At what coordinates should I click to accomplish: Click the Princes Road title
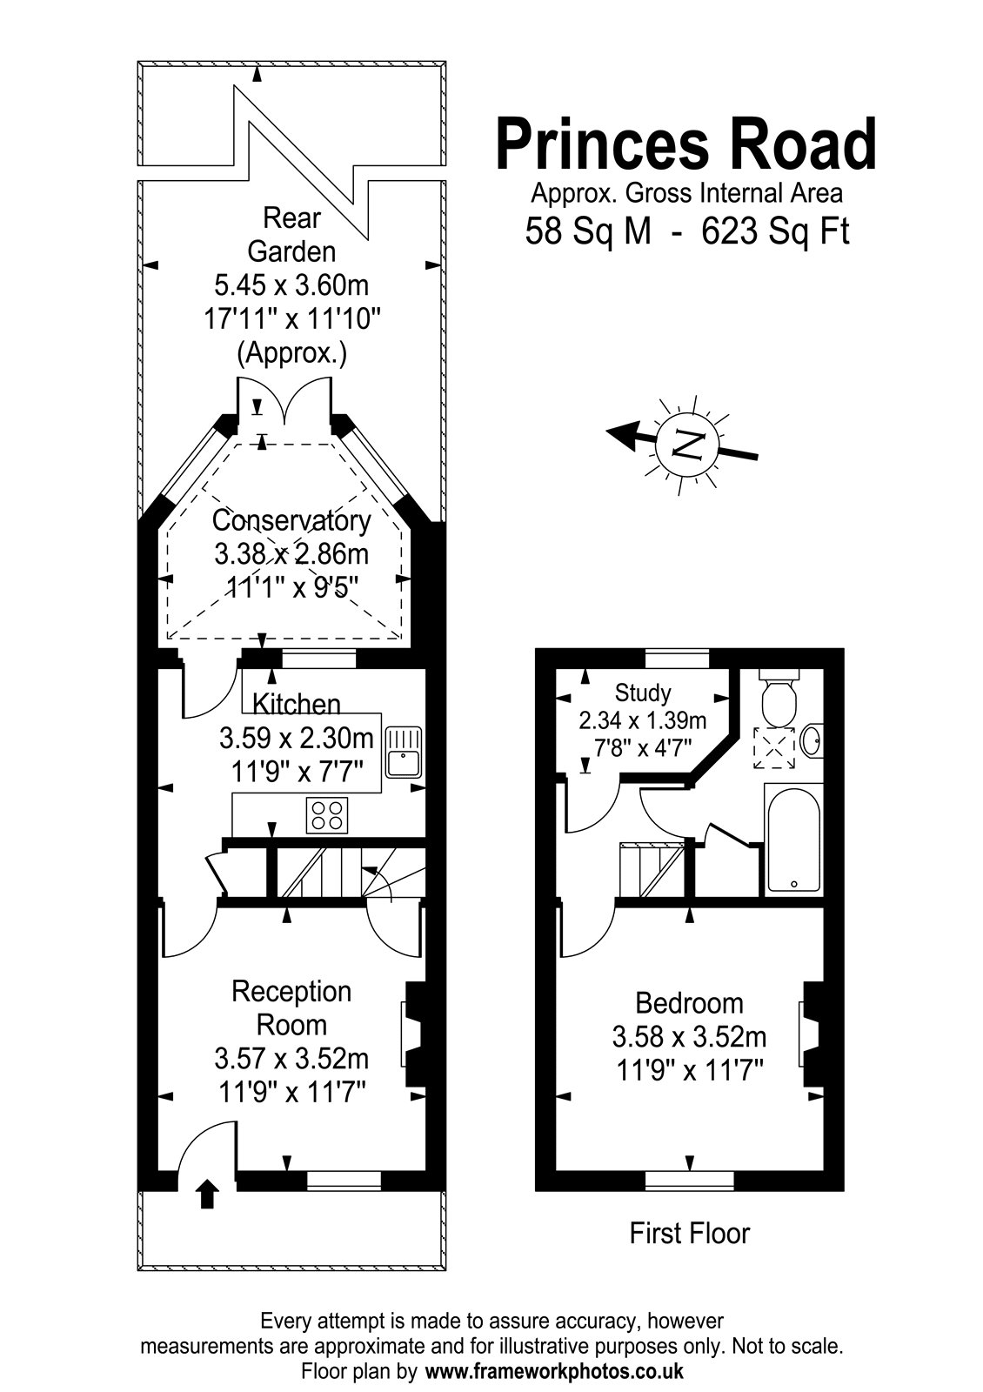click(x=686, y=144)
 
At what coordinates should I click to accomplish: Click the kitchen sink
click(x=404, y=752)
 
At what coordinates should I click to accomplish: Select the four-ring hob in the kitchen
click(x=327, y=815)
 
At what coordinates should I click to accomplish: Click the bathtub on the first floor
click(x=793, y=843)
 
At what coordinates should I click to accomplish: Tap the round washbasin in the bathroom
click(x=812, y=739)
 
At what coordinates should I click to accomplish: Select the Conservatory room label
click(x=291, y=521)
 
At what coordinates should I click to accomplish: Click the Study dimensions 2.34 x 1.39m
click(x=643, y=720)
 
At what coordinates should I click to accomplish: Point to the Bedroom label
click(x=689, y=1003)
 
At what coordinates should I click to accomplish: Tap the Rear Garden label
click(x=291, y=235)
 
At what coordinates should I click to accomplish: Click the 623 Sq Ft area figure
click(x=775, y=231)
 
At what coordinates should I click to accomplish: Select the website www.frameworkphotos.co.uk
click(x=554, y=1371)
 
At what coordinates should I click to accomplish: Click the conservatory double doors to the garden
click(x=284, y=401)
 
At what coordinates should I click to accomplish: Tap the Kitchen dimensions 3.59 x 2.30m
click(x=297, y=739)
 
